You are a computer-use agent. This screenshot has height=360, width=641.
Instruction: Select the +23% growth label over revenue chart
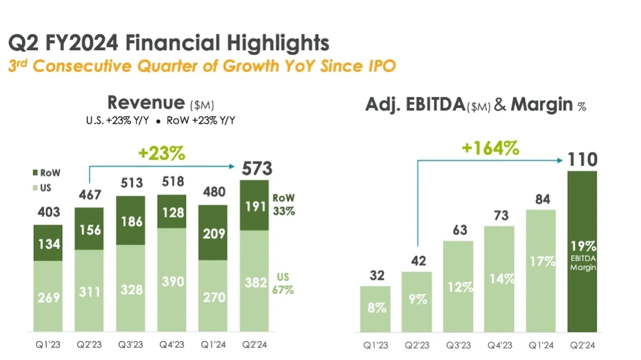coord(162,154)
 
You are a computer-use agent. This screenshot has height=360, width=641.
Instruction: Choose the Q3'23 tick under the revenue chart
coord(130,345)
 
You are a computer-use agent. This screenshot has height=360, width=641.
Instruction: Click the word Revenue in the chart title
coord(146,103)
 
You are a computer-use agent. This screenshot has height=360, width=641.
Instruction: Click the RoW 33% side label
coord(283,204)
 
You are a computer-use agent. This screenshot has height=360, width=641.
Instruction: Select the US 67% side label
coord(283,283)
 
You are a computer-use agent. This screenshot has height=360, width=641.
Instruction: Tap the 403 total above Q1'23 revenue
coord(49,212)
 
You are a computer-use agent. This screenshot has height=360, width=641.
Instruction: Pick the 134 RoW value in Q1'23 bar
coord(49,244)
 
